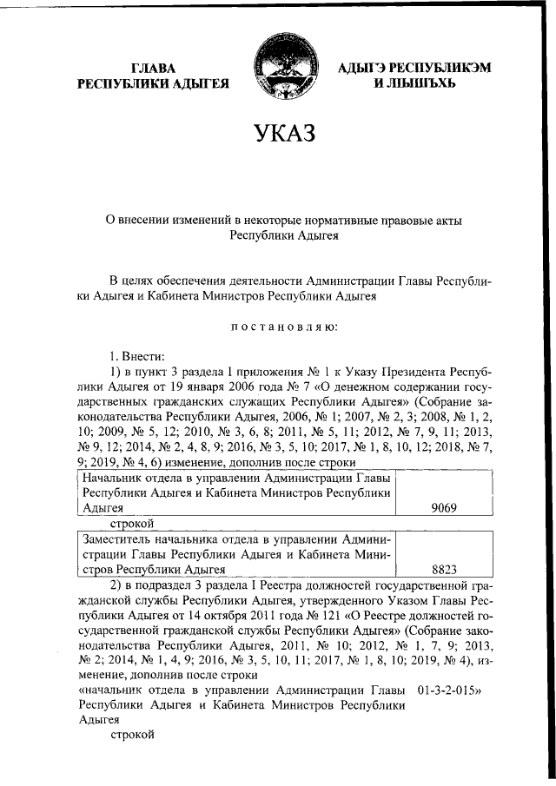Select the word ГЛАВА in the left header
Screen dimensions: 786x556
(x=153, y=68)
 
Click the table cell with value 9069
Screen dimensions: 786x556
(x=443, y=508)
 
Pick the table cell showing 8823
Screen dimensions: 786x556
(x=443, y=571)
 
